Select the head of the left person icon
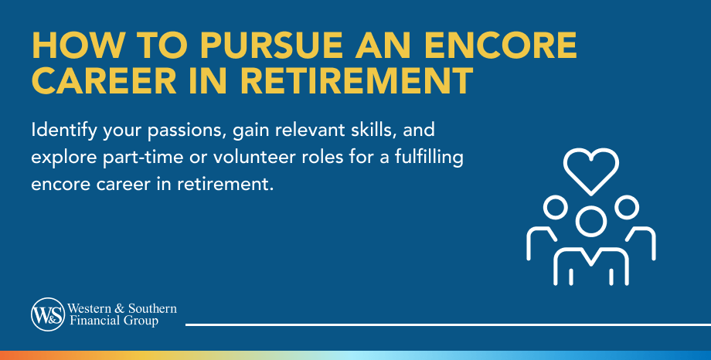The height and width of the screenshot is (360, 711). point(553,206)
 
